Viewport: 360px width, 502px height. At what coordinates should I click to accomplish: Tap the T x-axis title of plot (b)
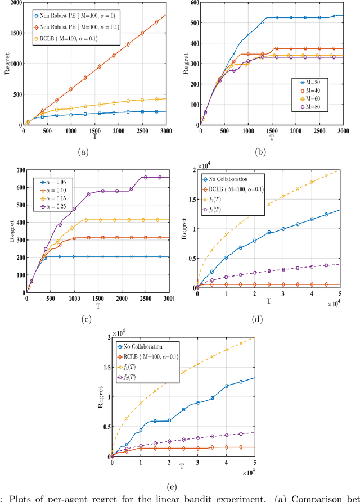tap(271, 137)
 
